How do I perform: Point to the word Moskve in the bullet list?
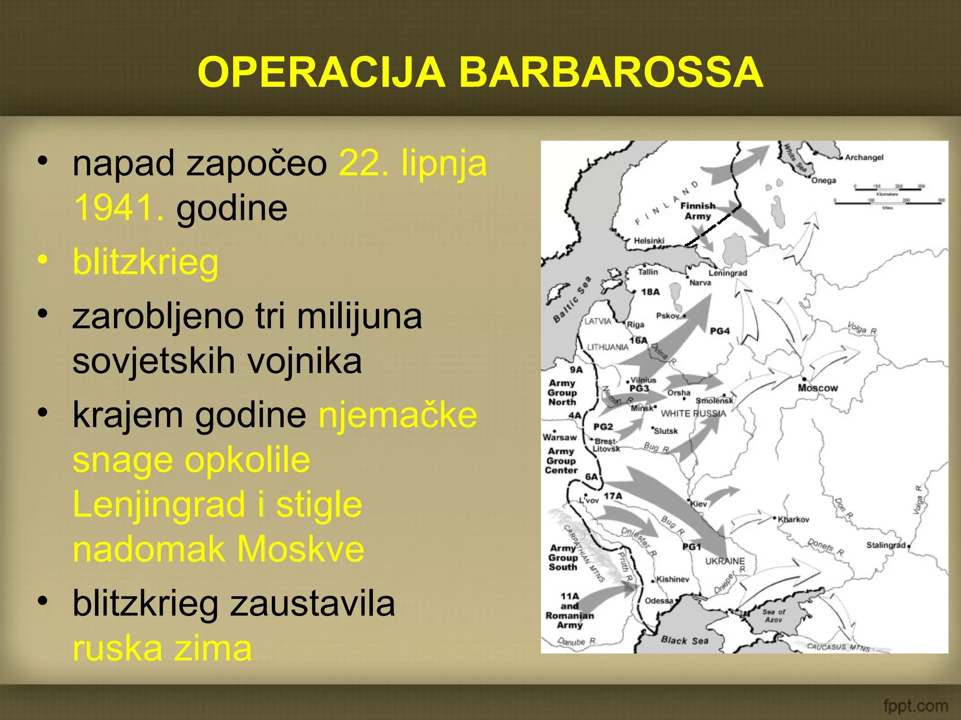point(300,549)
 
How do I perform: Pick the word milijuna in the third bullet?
point(359,316)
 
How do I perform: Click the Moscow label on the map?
point(817,388)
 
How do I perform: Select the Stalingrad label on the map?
point(885,545)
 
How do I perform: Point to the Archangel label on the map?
point(864,157)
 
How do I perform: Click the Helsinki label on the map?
point(649,240)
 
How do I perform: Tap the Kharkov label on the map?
point(793,519)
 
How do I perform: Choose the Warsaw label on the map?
point(559,437)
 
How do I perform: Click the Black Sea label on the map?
point(685,640)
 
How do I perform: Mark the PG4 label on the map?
point(720,331)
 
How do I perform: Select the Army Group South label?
point(563,557)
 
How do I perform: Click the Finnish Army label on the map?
point(698,211)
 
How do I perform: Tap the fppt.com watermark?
point(915,705)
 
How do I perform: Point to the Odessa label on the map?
point(659,601)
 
